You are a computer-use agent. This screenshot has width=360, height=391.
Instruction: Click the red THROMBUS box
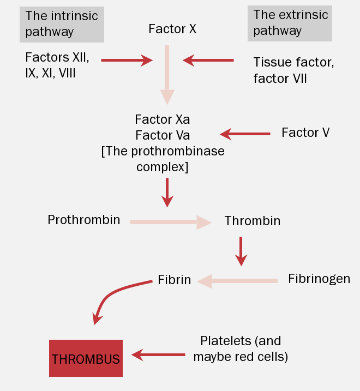(86, 358)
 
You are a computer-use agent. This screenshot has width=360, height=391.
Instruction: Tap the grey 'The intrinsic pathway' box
(62, 23)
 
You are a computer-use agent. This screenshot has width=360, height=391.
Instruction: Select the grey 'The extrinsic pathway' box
(289, 23)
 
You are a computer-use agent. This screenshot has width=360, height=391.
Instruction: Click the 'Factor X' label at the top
(172, 29)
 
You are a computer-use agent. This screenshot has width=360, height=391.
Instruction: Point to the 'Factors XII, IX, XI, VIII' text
(57, 64)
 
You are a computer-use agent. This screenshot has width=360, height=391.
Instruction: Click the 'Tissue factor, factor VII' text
(293, 70)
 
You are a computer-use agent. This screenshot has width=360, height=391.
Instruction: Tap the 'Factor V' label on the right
(305, 133)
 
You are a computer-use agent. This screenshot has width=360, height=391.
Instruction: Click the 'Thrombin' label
(252, 221)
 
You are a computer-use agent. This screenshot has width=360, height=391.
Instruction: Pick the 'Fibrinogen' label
(319, 279)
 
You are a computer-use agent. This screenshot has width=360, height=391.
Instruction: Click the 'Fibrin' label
(174, 280)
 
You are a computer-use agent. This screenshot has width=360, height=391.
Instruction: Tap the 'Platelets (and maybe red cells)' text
(241, 349)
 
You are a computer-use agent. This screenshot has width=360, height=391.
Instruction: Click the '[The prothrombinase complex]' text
(163, 159)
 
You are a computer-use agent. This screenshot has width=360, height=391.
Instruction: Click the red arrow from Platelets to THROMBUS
(159, 356)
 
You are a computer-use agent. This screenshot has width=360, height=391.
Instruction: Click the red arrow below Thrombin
(241, 251)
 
